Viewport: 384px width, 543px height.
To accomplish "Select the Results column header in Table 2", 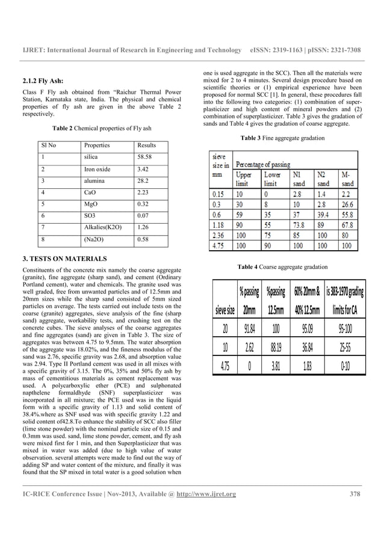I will click(147, 146).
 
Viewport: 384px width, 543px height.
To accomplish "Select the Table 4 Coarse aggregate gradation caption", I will click(283, 266).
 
